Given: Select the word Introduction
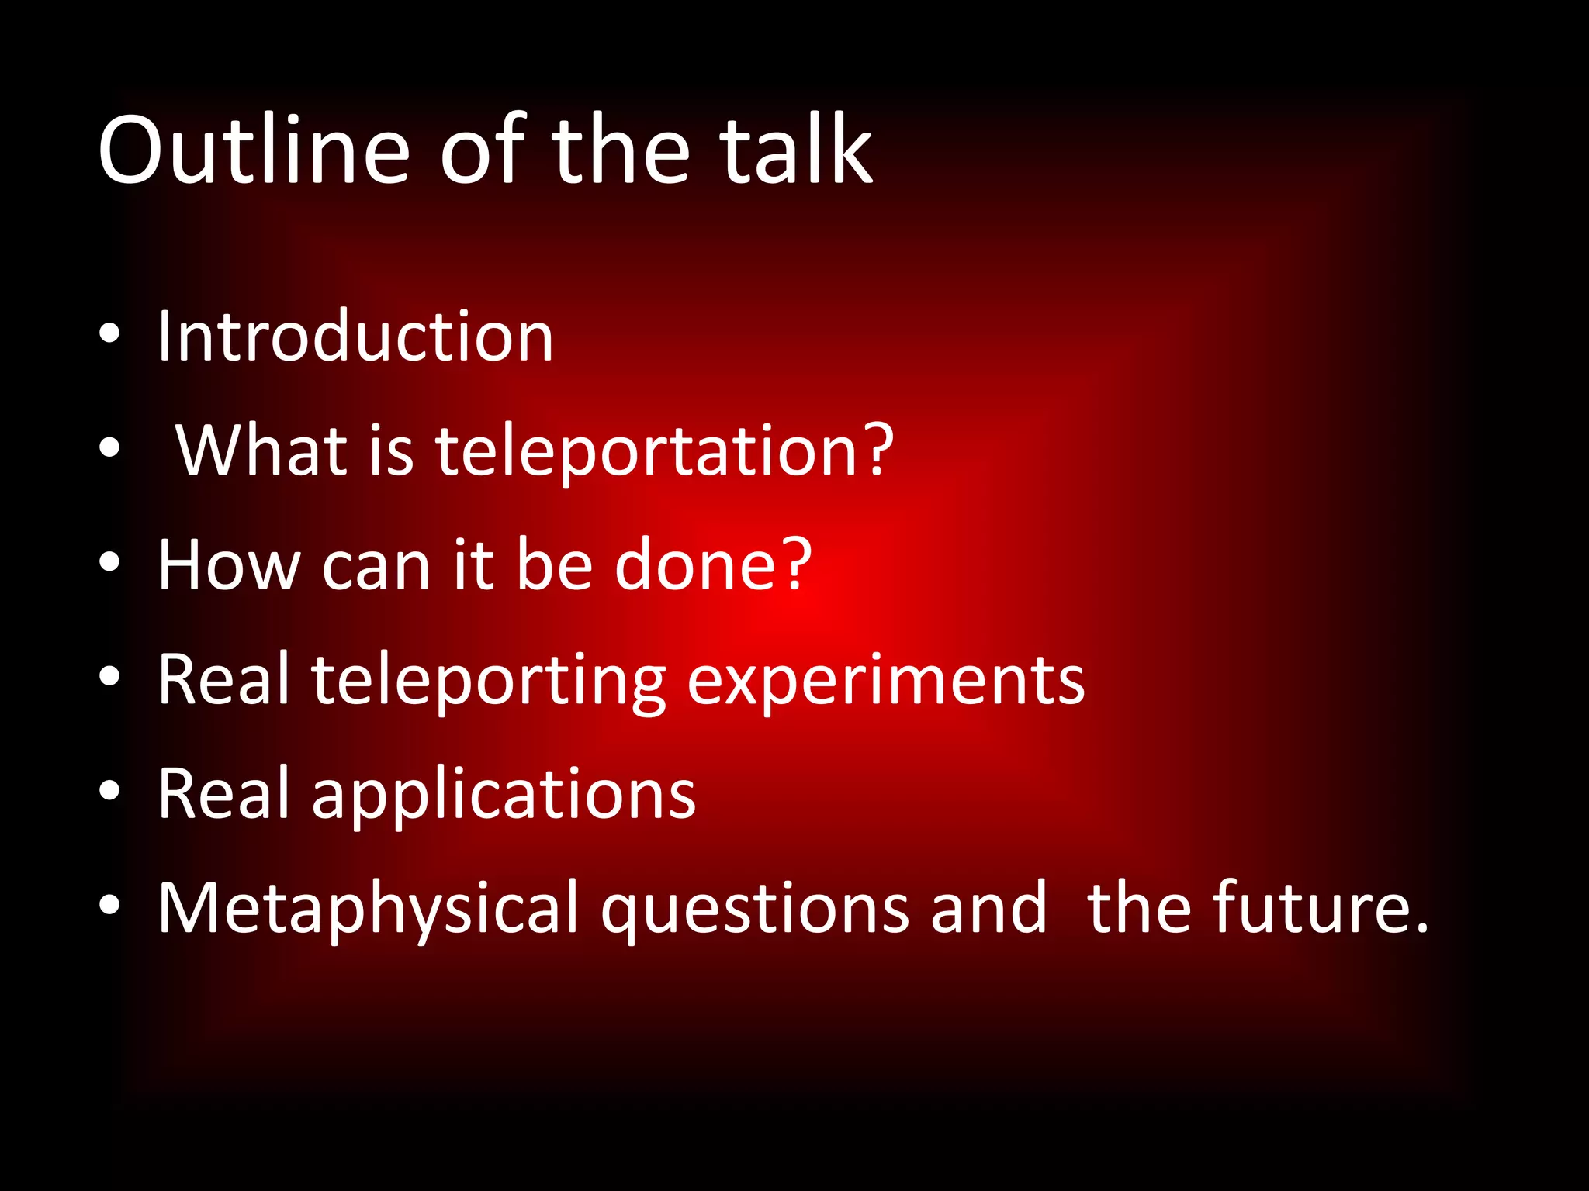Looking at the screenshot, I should click(x=355, y=337).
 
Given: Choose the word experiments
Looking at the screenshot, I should click(x=885, y=681).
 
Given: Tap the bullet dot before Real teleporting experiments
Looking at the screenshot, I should click(x=109, y=676).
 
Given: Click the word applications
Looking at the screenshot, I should click(x=504, y=795).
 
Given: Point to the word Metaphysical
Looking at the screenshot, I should click(x=368, y=909).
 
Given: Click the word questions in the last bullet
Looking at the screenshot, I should click(x=754, y=909).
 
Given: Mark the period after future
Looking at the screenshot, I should click(x=1420, y=926).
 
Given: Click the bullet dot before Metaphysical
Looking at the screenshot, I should click(x=109, y=904).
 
